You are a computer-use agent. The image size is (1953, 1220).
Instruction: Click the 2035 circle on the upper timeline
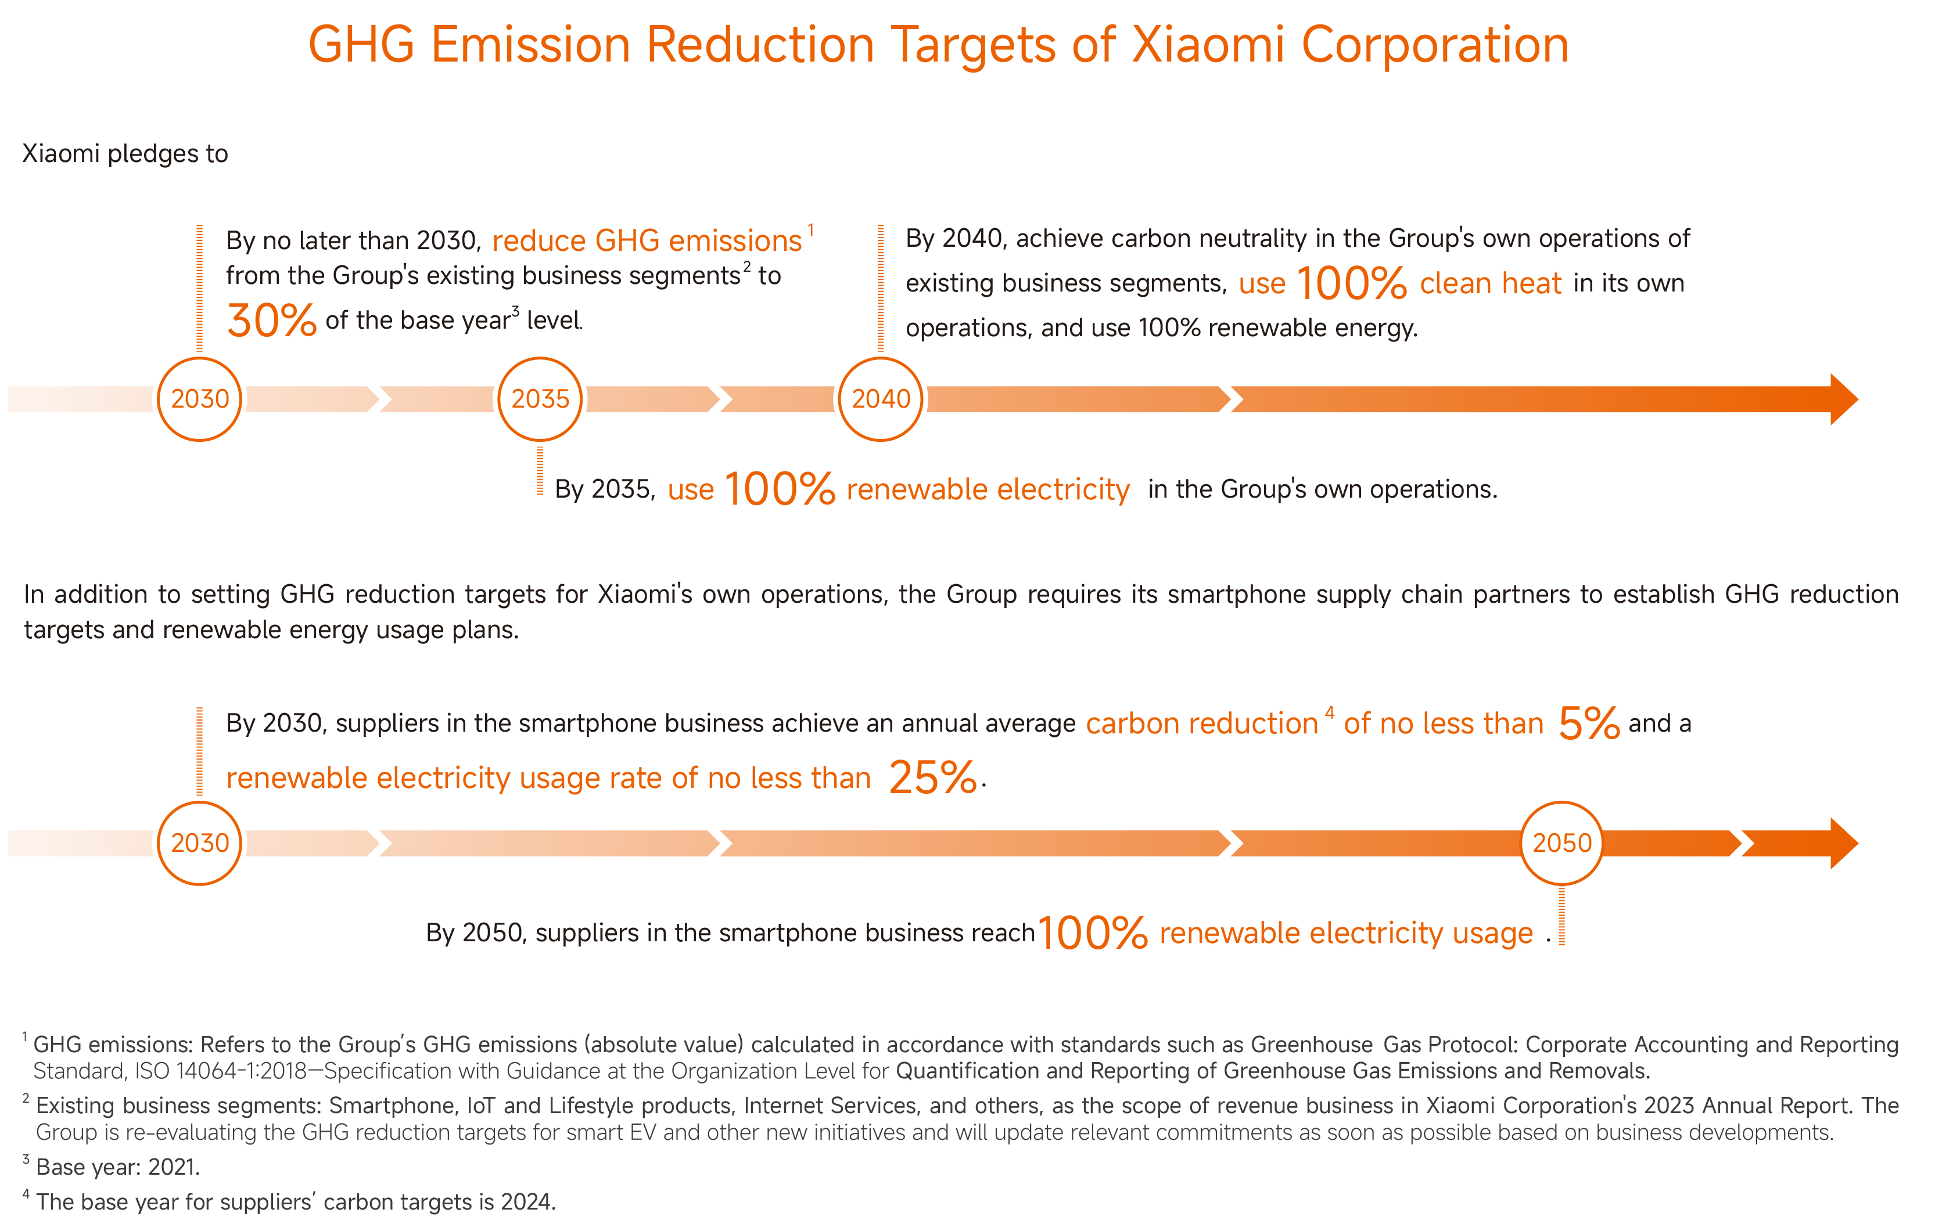540,398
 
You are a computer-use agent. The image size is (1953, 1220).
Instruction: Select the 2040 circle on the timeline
881,398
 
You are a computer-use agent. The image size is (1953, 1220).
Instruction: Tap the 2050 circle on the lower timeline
1561,843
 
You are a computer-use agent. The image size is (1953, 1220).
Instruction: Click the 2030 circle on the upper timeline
199,398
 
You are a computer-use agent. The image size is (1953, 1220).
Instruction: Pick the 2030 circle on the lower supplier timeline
199,843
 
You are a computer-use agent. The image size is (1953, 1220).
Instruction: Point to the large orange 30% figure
271,321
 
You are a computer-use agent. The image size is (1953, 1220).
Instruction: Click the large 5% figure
1588,723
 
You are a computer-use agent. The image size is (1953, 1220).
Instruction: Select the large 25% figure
933,778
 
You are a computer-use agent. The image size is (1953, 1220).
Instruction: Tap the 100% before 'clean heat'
1352,283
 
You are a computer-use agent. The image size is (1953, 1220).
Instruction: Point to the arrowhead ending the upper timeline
1843,398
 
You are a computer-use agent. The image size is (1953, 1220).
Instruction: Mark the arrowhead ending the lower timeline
1843,843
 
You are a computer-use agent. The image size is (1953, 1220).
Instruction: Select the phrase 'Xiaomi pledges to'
125,153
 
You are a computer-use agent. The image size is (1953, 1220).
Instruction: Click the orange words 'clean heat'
1491,283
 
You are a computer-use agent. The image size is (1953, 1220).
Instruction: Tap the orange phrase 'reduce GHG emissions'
647,240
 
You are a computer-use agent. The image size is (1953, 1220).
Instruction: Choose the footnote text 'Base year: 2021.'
118,1167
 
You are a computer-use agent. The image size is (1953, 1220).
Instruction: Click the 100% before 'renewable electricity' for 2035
780,489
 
